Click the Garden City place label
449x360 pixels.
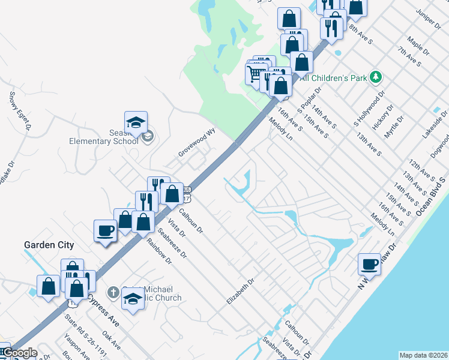pyautogui.click(x=49, y=245)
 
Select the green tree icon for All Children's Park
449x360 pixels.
pyautogui.click(x=376, y=77)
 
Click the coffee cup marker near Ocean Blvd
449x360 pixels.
pyautogui.click(x=370, y=264)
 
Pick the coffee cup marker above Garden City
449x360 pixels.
pyautogui.click(x=106, y=230)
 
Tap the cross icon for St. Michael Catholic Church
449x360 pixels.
pyautogui.click(x=112, y=293)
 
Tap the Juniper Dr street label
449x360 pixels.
pyautogui.click(x=429, y=17)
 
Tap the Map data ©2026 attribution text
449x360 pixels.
pyautogui.click(x=424, y=355)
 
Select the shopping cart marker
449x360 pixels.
pyautogui.click(x=255, y=74)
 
